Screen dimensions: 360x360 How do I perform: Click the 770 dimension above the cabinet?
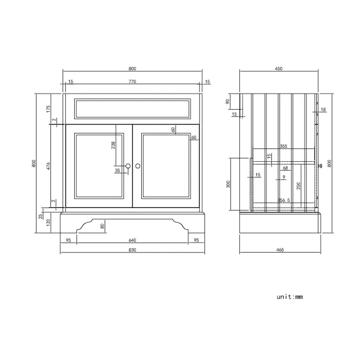132,81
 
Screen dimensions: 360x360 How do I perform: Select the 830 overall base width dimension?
132,250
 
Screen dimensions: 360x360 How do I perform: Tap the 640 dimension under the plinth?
132,240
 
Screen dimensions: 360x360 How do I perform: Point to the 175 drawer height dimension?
48,109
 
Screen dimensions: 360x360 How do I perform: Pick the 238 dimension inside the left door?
113,145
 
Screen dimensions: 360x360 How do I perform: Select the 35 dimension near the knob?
117,171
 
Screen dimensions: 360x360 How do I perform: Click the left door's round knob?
127,166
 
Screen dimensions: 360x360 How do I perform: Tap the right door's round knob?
138,166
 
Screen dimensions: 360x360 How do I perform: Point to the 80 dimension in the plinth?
102,225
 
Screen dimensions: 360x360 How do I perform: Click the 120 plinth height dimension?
48,223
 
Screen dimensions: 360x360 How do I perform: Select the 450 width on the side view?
279,69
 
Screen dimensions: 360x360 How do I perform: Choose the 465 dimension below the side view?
279,250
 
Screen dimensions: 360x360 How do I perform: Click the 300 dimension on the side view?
228,184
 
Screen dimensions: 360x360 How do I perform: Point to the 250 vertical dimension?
298,186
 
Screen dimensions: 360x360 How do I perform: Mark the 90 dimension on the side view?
228,101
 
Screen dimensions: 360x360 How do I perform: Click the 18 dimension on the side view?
323,110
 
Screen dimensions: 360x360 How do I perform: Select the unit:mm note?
290,296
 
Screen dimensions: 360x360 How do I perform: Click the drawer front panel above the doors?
132,109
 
